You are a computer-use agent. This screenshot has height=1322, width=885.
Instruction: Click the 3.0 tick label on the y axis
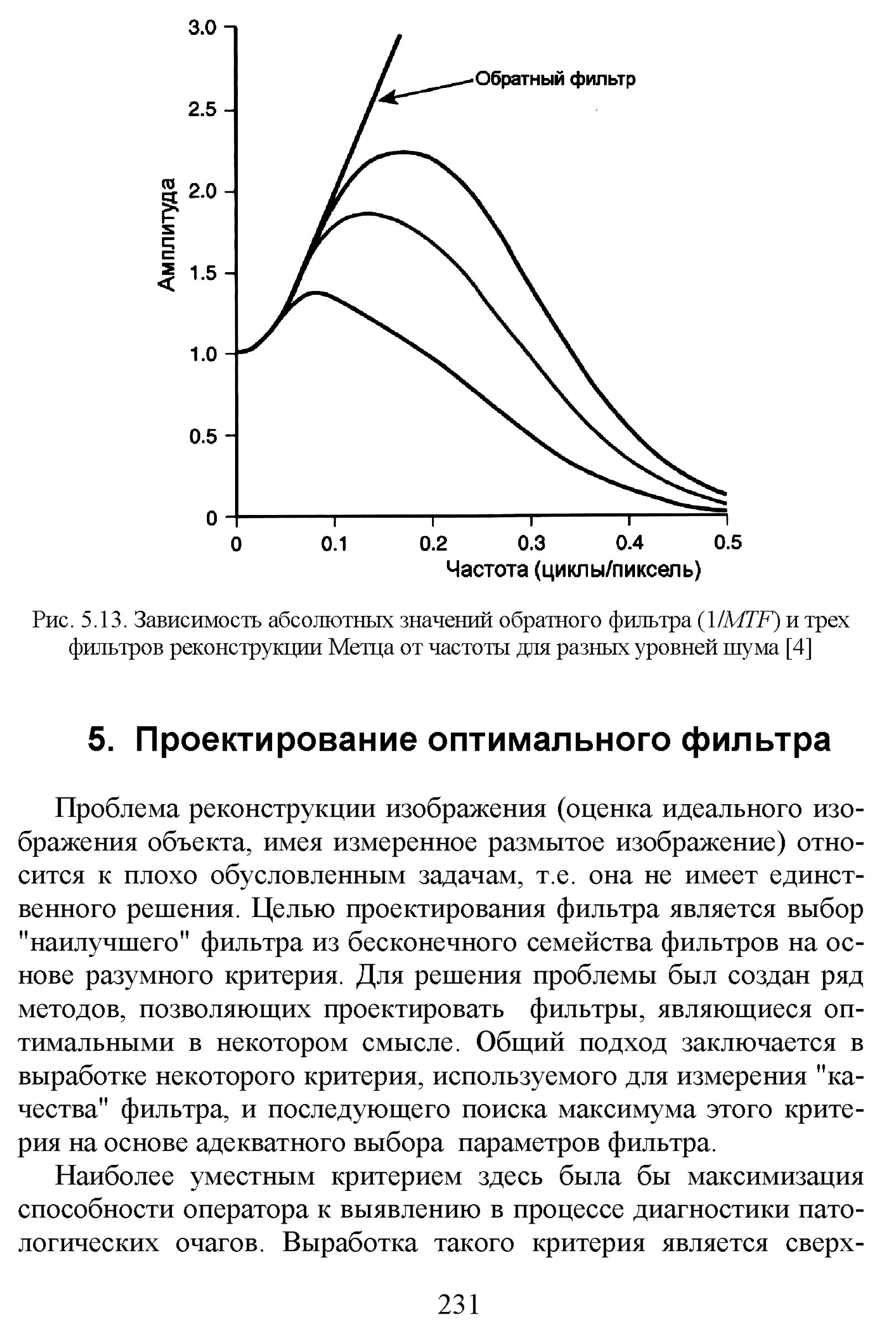click(x=201, y=28)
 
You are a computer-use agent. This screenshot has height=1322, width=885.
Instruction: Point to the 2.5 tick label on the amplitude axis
click(x=201, y=110)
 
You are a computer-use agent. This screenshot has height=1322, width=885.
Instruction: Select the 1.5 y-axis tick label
click(x=201, y=274)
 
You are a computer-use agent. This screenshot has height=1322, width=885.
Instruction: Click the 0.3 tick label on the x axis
click(x=531, y=543)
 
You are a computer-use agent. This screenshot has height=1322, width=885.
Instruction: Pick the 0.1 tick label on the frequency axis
click(x=335, y=544)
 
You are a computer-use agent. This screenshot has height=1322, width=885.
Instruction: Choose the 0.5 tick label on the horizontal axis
click(x=727, y=543)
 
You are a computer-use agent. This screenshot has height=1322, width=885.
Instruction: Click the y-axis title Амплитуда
click(x=167, y=235)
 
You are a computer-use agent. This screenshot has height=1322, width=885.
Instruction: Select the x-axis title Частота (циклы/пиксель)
click(x=574, y=570)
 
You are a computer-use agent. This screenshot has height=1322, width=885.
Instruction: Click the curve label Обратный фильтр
click(x=555, y=79)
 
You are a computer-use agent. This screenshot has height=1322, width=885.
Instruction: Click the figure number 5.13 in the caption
click(x=102, y=620)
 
